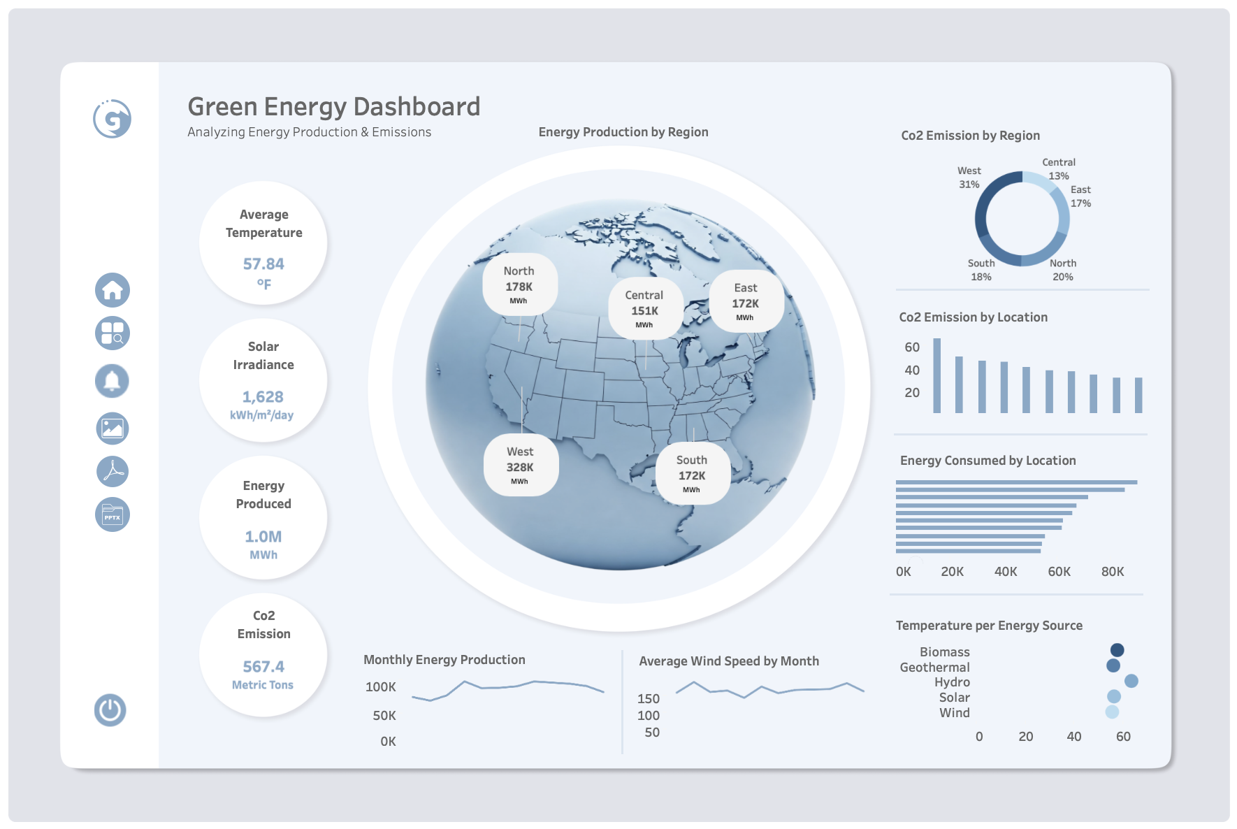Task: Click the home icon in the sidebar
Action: click(x=113, y=290)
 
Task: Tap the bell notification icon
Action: click(x=112, y=381)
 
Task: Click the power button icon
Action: click(x=110, y=710)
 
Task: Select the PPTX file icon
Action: click(x=113, y=515)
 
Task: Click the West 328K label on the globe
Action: click(x=520, y=466)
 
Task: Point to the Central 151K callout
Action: click(x=644, y=309)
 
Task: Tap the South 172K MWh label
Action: click(x=692, y=473)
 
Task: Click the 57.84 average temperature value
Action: click(x=263, y=264)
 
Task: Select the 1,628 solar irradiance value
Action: click(x=263, y=397)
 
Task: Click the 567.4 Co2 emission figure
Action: click(x=263, y=667)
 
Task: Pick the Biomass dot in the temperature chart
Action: click(x=1117, y=650)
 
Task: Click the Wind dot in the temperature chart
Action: click(x=1112, y=712)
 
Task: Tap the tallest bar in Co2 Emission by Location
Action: click(x=937, y=376)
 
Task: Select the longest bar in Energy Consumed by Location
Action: click(x=1016, y=482)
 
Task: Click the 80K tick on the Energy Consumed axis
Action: click(x=1113, y=572)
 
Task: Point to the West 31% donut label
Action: click(x=969, y=178)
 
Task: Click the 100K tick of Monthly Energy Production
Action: click(x=381, y=687)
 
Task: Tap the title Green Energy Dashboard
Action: click(x=334, y=107)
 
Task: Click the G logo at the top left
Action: click(x=113, y=119)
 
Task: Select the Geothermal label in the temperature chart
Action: click(x=934, y=668)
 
